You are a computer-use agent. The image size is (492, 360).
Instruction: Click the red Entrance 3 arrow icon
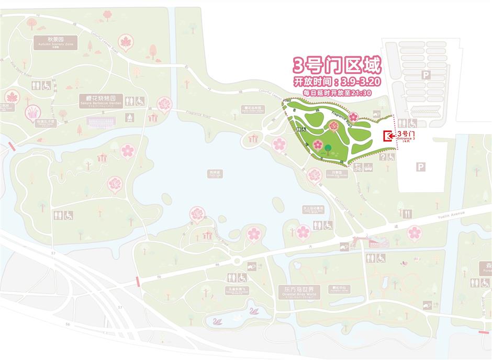coord(388,137)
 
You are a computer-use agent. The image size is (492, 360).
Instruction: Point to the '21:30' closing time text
coord(361,93)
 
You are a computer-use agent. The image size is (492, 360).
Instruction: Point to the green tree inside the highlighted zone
coord(328,149)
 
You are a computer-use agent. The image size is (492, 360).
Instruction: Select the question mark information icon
coord(383,157)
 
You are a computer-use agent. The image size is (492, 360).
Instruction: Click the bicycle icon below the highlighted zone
coord(358,168)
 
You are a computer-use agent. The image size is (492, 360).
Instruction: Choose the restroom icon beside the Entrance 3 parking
coord(402,123)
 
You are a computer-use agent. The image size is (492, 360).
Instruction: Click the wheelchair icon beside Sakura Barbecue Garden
coord(140,102)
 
